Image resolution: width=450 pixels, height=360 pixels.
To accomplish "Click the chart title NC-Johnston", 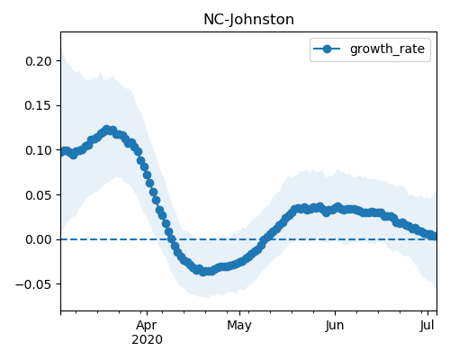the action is pos(248,20).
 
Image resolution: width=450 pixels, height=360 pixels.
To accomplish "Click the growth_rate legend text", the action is pos(387,49).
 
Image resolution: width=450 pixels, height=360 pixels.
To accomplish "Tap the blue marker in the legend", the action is pos(327,49).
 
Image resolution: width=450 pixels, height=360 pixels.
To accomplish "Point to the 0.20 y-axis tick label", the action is pos(39,61).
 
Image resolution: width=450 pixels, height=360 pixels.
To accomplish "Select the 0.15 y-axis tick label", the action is pos(39,105).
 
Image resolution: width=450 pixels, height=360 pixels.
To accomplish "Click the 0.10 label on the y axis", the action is pos(39,150).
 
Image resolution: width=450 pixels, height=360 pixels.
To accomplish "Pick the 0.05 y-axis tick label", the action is pos(39,195).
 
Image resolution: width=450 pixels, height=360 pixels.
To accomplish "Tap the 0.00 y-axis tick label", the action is pos(39,239).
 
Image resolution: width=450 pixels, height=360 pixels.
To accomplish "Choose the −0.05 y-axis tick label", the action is pos(34,284).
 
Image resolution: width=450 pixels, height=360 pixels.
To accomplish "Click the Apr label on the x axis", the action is pos(147,326).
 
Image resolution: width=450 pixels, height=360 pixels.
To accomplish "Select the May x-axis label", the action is pos(239,326).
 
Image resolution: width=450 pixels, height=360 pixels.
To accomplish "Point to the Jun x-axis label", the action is pos(335,326).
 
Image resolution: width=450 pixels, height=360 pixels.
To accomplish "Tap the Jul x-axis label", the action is pos(427,326).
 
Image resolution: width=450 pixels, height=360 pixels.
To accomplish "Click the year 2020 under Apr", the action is pos(147,340).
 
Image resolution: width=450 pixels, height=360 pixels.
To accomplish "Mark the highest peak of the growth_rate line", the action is pos(106,130).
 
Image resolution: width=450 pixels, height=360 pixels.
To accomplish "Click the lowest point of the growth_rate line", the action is pos(203,272).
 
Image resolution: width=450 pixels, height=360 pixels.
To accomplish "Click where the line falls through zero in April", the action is pos(171,239).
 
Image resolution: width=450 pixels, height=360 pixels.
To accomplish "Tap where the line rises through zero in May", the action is pos(264,239).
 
